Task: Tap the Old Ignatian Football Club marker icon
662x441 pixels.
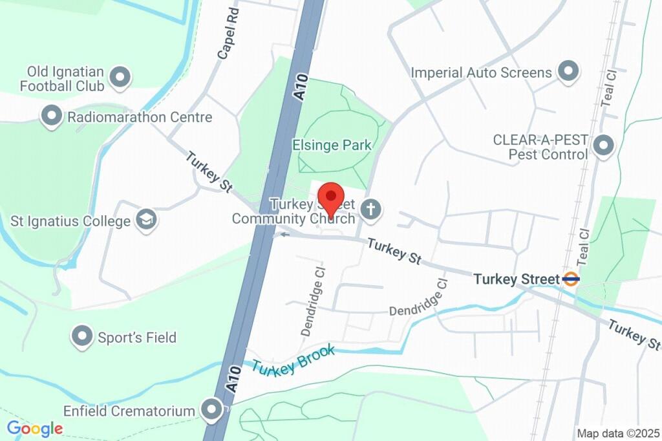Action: coord(120,78)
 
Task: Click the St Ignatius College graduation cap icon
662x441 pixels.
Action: coord(147,220)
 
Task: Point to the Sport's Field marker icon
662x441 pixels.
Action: coord(82,337)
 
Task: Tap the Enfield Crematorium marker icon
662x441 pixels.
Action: coord(211,409)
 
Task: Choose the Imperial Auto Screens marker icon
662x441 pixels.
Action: coord(568,72)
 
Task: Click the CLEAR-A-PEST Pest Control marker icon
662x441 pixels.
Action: coord(604,146)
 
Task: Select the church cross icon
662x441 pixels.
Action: coord(371,210)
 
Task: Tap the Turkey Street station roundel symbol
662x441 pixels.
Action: coord(571,279)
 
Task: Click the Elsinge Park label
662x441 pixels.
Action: coord(332,145)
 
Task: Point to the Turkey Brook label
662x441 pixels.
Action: coord(294,360)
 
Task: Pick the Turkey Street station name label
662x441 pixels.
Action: coord(516,279)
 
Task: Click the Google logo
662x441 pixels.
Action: coord(35,428)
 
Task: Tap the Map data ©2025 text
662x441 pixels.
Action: coord(617,433)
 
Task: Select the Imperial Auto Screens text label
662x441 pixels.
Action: coord(482,72)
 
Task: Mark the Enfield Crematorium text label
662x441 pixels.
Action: coord(129,411)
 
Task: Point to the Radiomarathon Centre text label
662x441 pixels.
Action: coord(140,118)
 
